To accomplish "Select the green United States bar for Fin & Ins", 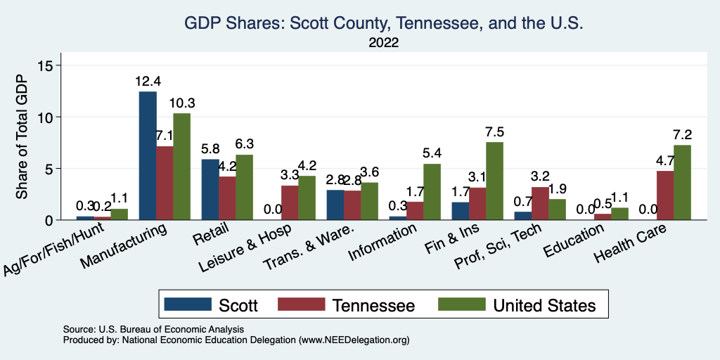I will click(x=494, y=181).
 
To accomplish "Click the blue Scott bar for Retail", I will click(x=210, y=190).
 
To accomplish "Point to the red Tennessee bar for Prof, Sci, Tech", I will click(x=540, y=203).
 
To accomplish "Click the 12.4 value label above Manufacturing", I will click(x=148, y=82).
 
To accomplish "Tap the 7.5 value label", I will click(x=494, y=132).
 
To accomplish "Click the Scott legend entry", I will click(x=211, y=305).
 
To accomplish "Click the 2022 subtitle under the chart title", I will click(x=384, y=43).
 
